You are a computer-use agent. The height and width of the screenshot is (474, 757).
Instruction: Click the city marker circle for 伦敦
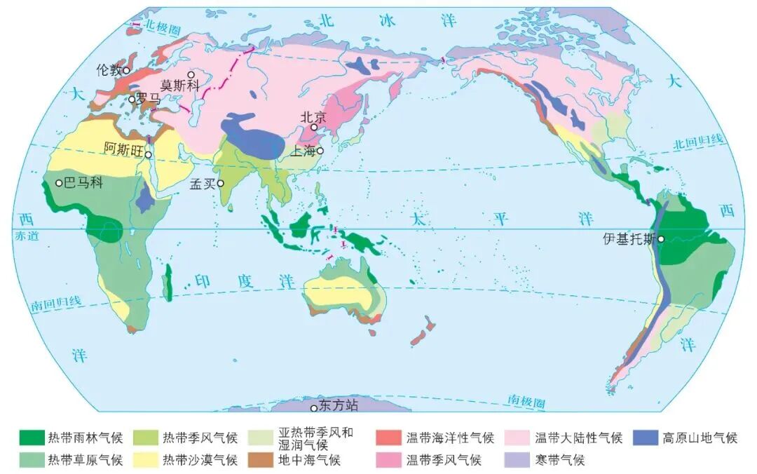click(127, 70)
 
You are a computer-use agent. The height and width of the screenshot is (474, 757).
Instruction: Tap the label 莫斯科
click(180, 85)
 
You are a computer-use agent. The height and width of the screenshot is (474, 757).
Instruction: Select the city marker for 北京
click(315, 128)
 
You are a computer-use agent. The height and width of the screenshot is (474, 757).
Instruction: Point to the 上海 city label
click(305, 151)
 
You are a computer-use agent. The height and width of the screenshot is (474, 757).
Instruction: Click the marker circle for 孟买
click(220, 183)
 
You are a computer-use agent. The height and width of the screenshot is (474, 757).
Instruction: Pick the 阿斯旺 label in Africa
click(123, 149)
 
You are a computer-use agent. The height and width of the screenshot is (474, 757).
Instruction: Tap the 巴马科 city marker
click(60, 183)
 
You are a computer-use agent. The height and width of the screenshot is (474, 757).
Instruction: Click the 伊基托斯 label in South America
click(628, 238)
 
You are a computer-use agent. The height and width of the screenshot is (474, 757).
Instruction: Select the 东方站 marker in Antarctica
click(314, 407)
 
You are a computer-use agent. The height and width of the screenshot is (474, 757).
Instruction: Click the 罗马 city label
click(149, 99)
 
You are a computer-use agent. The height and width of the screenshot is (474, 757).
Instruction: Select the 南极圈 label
click(526, 402)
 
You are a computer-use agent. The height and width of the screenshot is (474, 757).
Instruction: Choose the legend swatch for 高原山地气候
click(646, 438)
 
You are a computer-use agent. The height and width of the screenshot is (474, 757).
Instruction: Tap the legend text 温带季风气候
click(444, 460)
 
